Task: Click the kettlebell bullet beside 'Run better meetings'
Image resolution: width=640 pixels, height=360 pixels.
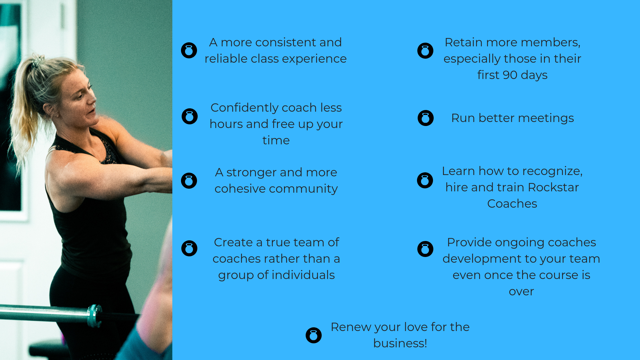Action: [426, 118]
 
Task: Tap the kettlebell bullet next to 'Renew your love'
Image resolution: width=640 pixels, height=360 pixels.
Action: [314, 335]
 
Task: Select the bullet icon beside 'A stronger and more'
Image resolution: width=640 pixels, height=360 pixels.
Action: [189, 181]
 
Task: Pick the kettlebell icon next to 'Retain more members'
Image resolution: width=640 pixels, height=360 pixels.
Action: [425, 51]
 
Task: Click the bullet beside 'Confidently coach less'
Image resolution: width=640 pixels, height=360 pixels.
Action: [190, 116]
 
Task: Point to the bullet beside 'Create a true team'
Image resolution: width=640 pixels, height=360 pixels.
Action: [189, 248]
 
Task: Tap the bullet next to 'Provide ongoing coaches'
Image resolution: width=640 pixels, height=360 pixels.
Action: [425, 249]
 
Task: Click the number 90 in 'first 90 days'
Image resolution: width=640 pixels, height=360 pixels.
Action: [510, 75]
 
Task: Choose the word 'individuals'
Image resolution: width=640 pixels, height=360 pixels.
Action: [303, 275]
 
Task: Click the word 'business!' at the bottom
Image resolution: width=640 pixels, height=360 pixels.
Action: [400, 343]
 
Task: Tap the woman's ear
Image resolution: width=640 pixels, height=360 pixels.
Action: [48, 108]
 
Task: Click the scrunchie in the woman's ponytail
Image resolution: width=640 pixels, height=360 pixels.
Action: [37, 61]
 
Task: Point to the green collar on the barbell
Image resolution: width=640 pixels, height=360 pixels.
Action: [94, 315]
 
